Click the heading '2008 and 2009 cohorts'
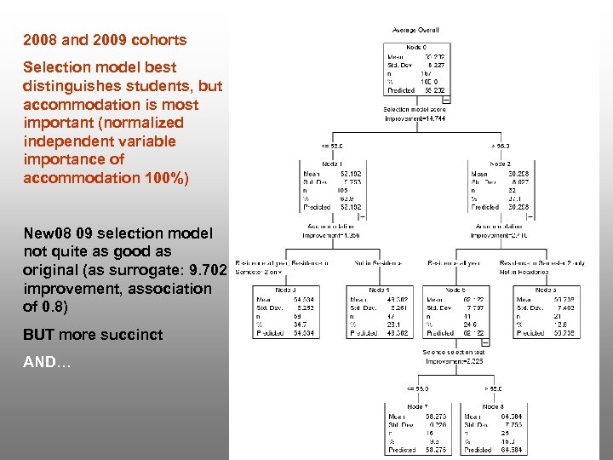pos(105,40)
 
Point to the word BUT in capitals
pos(38,335)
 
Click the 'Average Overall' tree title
pos(415,31)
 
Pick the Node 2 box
pos(499,185)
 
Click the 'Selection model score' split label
pos(415,110)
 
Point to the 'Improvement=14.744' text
pos(415,118)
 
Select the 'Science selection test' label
pos(455,352)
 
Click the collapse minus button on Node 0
pos(446,100)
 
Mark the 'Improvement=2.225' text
pos(455,360)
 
